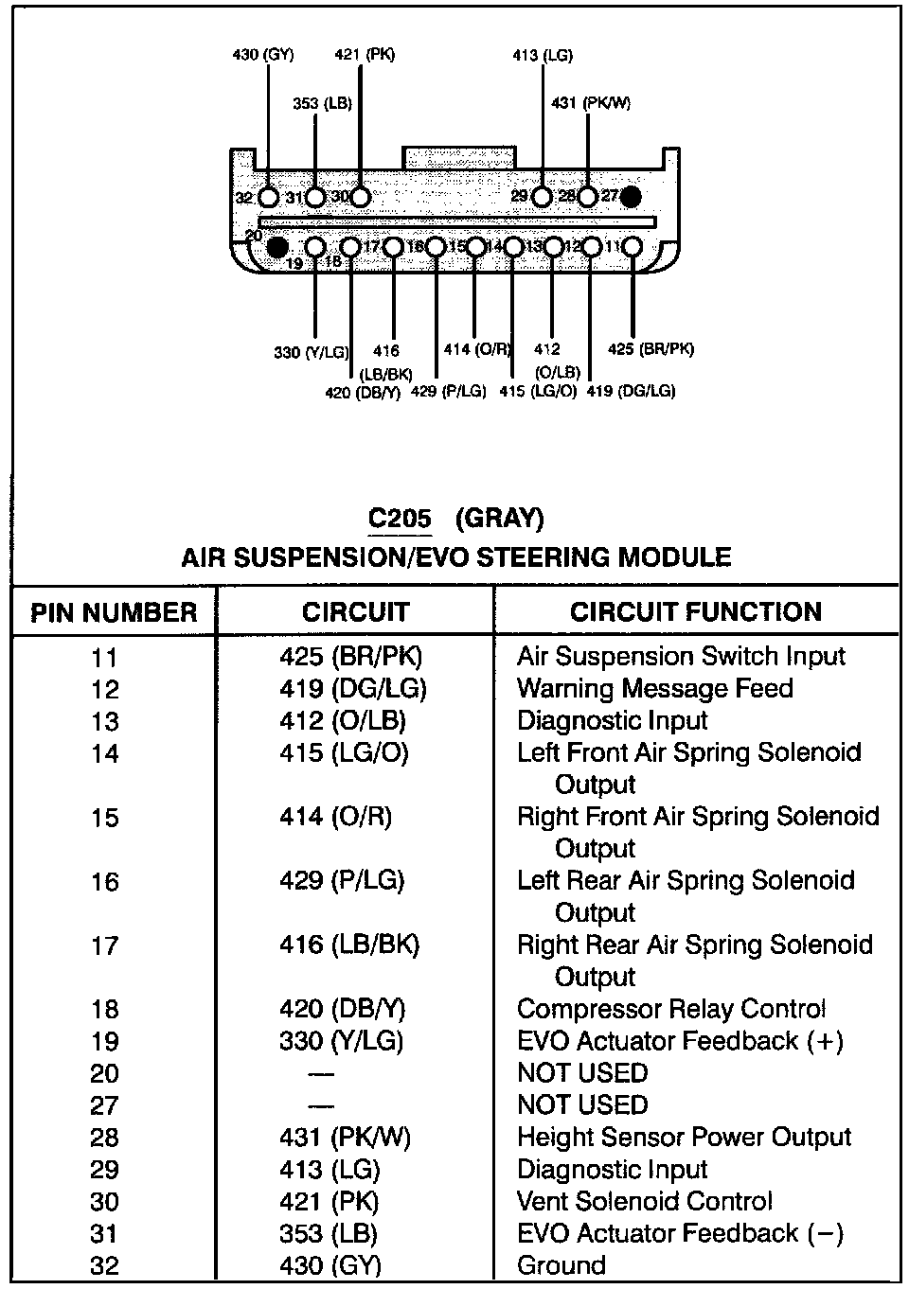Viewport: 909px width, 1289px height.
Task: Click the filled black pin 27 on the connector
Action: point(631,197)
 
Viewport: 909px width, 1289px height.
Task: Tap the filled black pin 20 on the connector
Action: point(276,247)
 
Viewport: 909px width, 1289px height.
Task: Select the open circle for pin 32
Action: point(269,198)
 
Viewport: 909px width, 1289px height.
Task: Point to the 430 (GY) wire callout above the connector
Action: point(263,55)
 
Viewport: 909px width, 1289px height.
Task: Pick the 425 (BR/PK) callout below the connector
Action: point(651,349)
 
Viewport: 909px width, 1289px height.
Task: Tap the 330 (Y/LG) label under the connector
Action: point(311,353)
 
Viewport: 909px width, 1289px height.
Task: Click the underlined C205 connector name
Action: point(400,519)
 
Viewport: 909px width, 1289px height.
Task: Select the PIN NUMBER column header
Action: point(114,611)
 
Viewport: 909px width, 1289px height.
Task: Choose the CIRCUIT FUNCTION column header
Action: point(696,611)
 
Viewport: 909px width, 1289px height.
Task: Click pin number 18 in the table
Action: point(105,1010)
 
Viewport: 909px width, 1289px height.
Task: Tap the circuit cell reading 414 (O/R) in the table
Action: point(335,817)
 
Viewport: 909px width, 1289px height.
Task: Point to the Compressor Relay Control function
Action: point(671,1009)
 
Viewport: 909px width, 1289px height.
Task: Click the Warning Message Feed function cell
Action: point(655,688)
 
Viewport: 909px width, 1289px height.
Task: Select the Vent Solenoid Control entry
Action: point(645,1202)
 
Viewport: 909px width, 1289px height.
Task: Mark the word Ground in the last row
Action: point(561,1265)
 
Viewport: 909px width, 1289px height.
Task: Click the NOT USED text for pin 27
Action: point(582,1105)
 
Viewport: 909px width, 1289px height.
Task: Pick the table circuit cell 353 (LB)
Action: point(329,1234)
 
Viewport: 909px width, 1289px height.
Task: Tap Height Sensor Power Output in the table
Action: point(685,1138)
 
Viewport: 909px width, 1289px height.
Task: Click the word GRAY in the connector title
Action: point(500,519)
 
